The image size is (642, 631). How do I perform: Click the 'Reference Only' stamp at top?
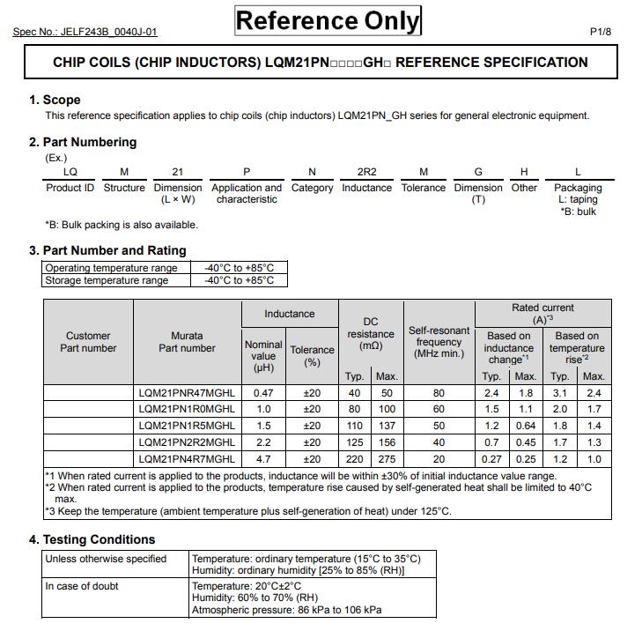coord(328,20)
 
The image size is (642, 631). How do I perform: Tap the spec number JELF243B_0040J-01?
coord(85,33)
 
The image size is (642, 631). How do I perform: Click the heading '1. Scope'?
coord(55,100)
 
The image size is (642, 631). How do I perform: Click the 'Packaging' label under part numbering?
coord(578,188)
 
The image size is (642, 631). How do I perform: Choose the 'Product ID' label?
coord(70,188)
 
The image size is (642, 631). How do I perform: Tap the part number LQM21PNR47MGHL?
coord(187,392)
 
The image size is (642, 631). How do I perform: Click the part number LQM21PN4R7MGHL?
coord(187,459)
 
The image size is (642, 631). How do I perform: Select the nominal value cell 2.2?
coord(263,442)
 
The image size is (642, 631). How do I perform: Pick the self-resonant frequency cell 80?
coord(439,392)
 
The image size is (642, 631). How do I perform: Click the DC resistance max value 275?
coord(387,459)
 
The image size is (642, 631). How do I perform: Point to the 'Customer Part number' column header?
coord(88,342)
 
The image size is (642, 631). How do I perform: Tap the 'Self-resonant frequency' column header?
coord(439,342)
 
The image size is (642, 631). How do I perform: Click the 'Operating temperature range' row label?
coord(111,268)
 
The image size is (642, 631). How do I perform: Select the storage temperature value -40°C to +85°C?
coord(240,280)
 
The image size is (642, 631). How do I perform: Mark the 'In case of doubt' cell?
coord(82,586)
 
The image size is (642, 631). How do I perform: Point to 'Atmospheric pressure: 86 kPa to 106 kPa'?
coord(287,609)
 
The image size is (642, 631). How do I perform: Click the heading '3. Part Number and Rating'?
coord(107,250)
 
